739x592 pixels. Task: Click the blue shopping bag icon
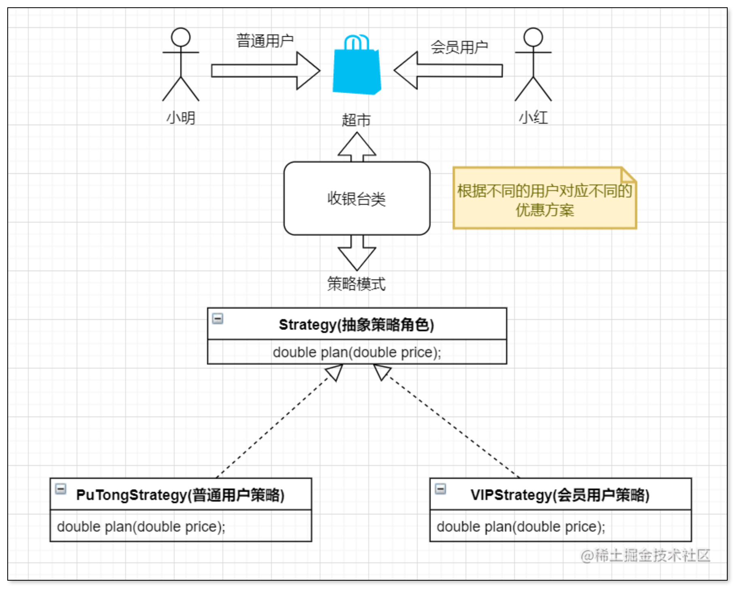point(357,67)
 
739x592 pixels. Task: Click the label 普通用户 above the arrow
point(265,41)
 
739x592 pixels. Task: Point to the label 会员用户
point(459,47)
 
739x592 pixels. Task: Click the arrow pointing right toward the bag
point(266,71)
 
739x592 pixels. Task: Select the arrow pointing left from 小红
point(448,71)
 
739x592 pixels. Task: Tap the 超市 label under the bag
point(356,120)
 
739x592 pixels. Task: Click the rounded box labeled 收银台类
point(357,198)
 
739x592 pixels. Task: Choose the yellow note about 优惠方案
point(545,199)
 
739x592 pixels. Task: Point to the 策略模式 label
point(357,284)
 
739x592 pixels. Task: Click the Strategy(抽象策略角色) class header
point(357,325)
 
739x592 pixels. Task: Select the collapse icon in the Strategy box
point(218,319)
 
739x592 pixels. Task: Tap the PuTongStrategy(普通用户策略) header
point(180,495)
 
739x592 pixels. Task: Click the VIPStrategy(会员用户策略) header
point(560,495)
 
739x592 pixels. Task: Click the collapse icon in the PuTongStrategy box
point(61,489)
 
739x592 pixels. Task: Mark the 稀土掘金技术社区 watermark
point(645,556)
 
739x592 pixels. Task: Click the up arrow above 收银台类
point(357,147)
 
